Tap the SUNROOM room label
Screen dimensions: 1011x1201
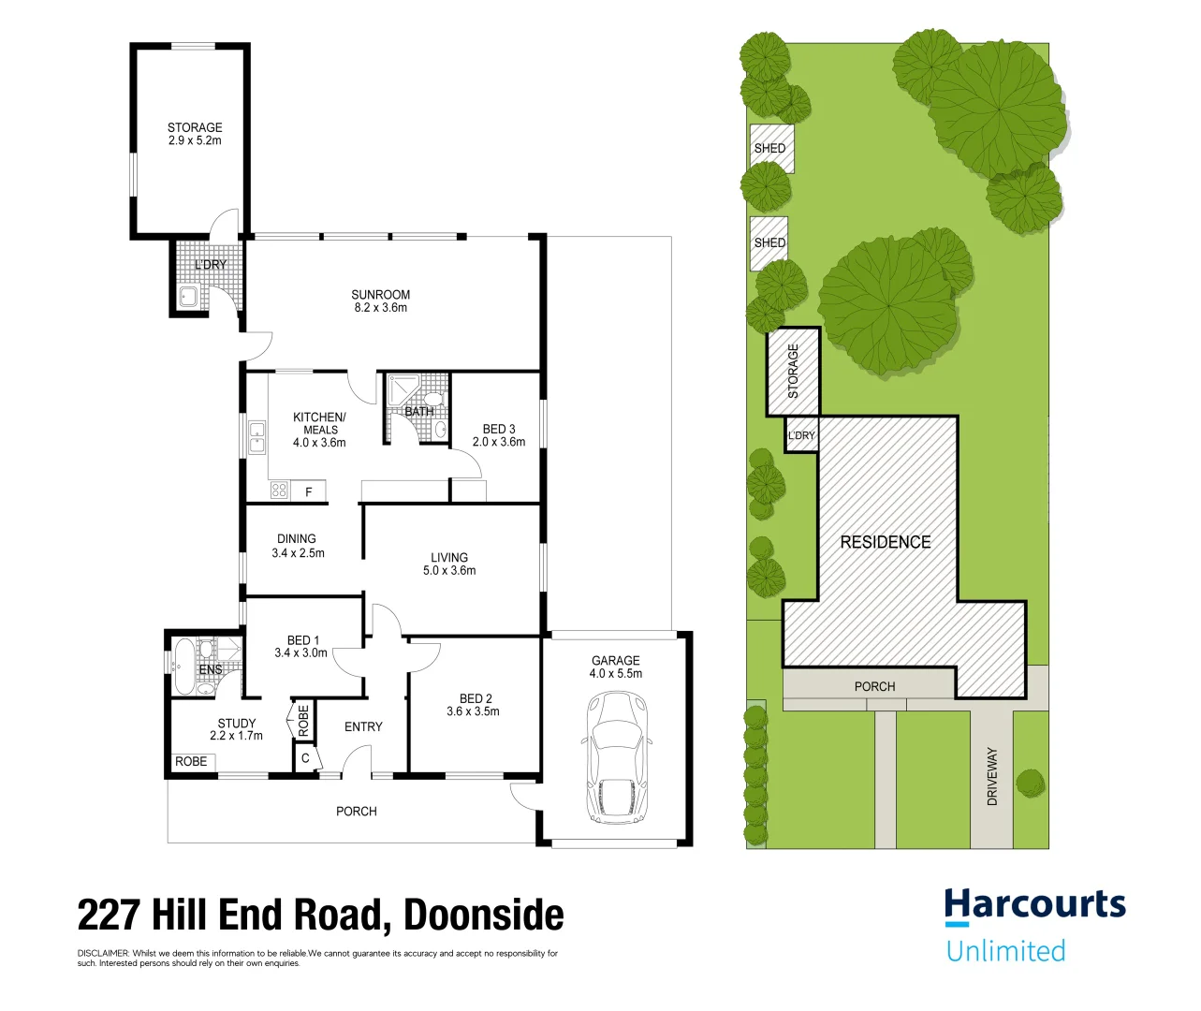click(380, 300)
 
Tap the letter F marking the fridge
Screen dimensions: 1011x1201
click(309, 491)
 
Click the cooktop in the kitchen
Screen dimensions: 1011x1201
click(279, 490)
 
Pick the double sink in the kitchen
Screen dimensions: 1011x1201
click(256, 437)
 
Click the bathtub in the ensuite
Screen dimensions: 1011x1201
click(183, 666)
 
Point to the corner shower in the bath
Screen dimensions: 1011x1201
click(403, 389)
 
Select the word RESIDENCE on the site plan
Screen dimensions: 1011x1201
click(886, 542)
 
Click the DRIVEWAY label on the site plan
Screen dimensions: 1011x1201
click(992, 776)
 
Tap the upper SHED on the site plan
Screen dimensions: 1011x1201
click(771, 148)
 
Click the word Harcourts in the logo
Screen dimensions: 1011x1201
click(1034, 905)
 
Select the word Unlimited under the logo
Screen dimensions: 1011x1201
click(1005, 951)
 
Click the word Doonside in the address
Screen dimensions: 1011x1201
click(483, 916)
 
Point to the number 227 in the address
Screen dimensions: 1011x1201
click(109, 916)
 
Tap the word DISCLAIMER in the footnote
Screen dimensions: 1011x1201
click(103, 954)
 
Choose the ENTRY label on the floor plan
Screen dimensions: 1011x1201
click(363, 726)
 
